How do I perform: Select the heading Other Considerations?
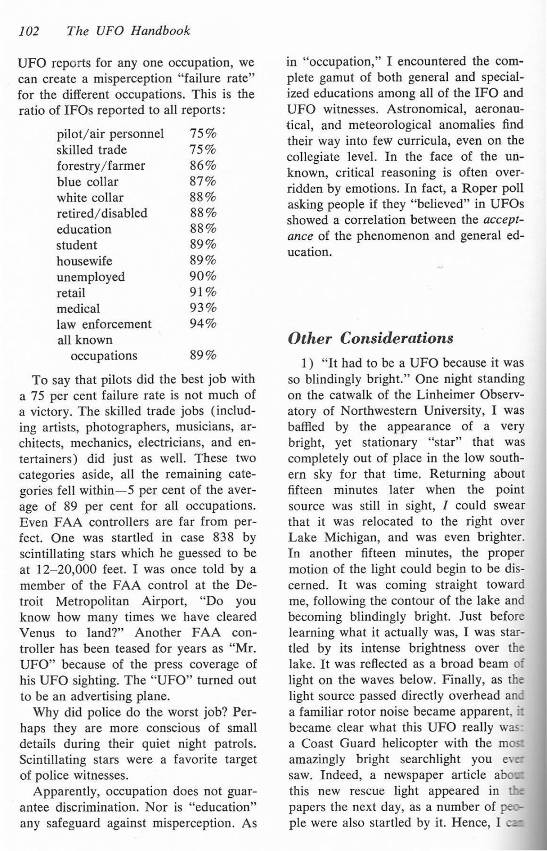pos(370,338)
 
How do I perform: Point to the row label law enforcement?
pos(104,324)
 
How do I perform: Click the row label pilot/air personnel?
pos(110,134)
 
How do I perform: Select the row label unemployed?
pos(90,277)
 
